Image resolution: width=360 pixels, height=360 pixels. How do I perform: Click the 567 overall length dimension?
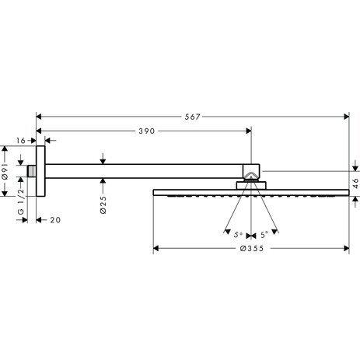(x=193, y=117)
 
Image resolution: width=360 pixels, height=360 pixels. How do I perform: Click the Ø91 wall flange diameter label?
(x=5, y=173)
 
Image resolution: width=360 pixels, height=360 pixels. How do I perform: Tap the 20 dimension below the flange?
(x=55, y=220)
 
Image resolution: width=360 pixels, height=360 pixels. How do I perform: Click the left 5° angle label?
(x=239, y=233)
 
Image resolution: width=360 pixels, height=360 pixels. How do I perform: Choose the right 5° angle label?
(x=264, y=233)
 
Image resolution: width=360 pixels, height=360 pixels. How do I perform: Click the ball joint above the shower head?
(x=251, y=173)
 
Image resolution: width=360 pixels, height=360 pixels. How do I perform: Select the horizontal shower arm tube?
(x=148, y=170)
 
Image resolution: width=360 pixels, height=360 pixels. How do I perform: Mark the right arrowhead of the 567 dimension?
(x=346, y=117)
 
